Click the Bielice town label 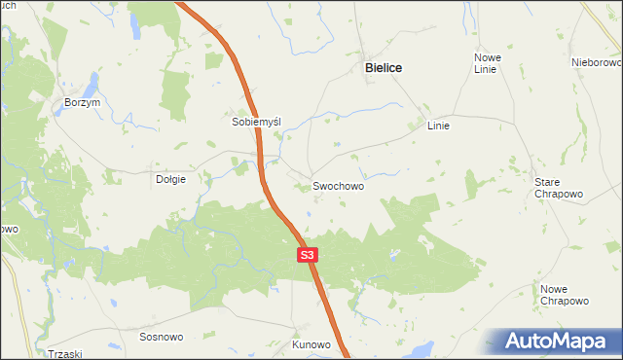383,68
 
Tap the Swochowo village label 338,185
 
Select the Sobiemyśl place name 256,123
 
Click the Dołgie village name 170,179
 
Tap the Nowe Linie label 486,63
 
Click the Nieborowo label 596,62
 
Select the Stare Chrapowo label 559,188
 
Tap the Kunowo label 311,344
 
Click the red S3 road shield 307,255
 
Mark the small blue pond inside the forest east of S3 393,255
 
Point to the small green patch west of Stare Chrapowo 474,182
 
